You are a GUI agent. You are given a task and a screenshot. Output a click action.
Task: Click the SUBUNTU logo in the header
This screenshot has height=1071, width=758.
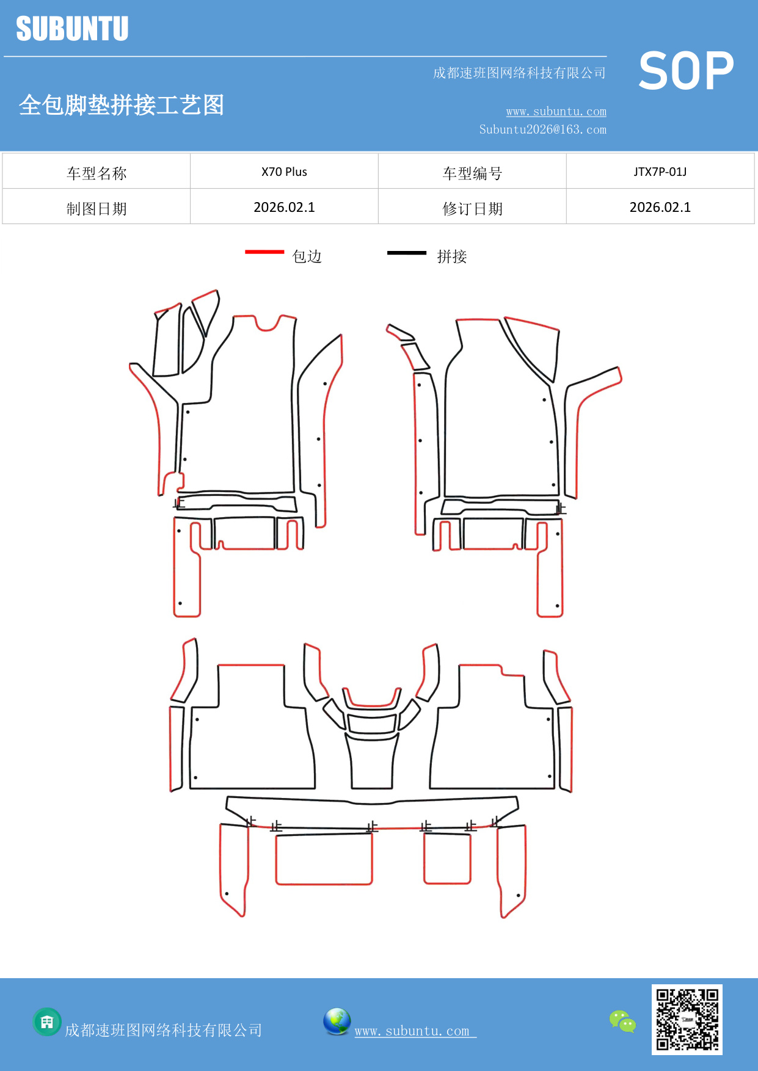(72, 29)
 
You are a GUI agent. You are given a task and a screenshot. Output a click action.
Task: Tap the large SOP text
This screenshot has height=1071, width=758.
(686, 71)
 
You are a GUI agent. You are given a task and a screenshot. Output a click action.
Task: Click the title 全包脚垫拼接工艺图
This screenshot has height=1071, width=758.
(122, 105)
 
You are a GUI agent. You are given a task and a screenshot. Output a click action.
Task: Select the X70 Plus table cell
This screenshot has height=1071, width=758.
(284, 172)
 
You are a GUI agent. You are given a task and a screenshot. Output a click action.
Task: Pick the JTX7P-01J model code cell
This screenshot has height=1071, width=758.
(660, 172)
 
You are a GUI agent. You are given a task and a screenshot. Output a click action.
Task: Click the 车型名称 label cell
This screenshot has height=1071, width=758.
(97, 173)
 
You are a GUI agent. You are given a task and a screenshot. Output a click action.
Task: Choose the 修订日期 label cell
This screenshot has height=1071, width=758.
(472, 208)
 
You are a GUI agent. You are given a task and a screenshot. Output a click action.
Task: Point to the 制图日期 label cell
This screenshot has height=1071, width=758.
(97, 208)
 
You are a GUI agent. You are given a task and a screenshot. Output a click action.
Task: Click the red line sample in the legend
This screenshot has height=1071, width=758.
(264, 252)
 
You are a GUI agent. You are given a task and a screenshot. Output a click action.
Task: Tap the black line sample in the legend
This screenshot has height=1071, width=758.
(406, 252)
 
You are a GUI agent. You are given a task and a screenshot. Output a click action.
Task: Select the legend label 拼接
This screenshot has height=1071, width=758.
(452, 256)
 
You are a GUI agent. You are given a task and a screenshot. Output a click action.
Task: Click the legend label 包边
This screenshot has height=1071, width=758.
(307, 256)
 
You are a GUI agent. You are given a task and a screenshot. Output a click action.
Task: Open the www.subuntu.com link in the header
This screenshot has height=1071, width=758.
(556, 111)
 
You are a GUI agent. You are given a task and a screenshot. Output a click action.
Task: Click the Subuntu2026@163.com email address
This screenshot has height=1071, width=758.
(542, 129)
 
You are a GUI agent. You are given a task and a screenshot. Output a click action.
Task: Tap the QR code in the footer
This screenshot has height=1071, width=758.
(687, 1019)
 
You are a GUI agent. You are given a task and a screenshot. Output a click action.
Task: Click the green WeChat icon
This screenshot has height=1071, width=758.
(622, 1021)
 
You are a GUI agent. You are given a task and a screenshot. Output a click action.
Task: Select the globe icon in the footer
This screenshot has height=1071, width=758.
(337, 1021)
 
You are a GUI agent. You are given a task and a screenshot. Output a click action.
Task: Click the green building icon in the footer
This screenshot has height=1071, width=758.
(47, 1022)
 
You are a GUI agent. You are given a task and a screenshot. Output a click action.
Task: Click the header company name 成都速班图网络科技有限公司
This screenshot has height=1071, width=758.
(519, 73)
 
